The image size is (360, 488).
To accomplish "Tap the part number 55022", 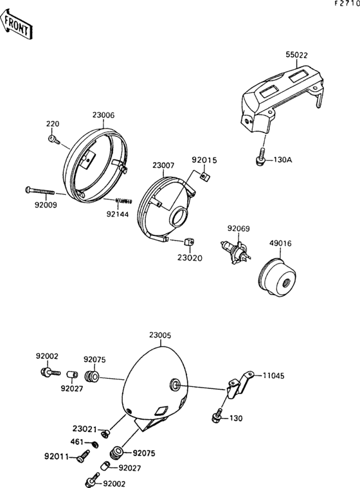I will [297, 56].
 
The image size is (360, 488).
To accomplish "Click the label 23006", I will [103, 115].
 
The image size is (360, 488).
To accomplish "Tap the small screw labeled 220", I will [53, 138].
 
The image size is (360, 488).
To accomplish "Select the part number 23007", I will [163, 166].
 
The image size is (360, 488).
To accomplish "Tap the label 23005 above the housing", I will [160, 336].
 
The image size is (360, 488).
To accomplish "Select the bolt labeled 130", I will [217, 418].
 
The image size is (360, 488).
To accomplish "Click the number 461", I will [76, 442].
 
